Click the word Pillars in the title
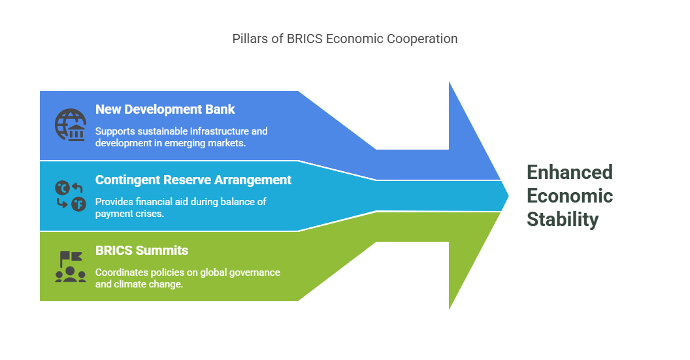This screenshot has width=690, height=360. click(250, 39)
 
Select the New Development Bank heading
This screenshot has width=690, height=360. click(165, 109)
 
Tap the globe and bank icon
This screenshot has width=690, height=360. click(71, 125)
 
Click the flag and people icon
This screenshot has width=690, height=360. click(71, 267)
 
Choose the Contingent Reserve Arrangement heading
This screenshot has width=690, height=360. click(193, 180)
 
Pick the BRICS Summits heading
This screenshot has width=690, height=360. click(142, 250)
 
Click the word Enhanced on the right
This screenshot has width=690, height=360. click(569, 172)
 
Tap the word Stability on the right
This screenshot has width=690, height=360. click(563, 220)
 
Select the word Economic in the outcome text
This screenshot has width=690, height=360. click(569, 196)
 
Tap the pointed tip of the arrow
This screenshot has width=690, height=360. click(508, 196)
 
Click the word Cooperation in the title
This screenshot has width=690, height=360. click(422, 39)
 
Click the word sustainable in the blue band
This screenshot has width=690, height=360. click(158, 131)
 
